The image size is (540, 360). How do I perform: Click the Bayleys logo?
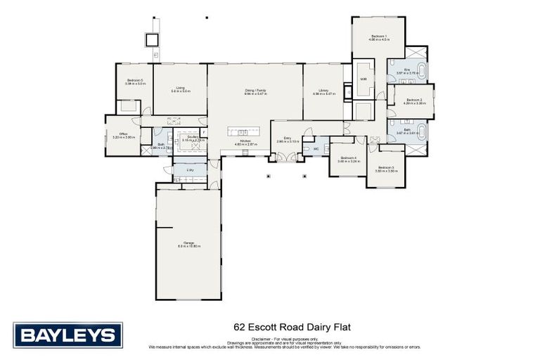click(x=67, y=335)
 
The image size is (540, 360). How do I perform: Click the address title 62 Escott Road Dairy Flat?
click(x=291, y=327)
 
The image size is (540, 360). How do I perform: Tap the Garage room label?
click(x=189, y=244)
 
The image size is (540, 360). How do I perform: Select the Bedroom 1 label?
click(x=379, y=37)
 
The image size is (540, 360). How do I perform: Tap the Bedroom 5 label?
click(x=135, y=82)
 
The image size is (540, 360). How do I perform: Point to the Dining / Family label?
click(x=255, y=91)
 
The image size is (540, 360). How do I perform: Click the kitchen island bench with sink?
click(x=243, y=132)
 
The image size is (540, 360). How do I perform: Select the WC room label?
click(x=316, y=148)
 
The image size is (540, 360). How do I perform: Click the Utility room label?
click(x=190, y=169)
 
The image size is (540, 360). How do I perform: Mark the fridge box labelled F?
click(x=203, y=131)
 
